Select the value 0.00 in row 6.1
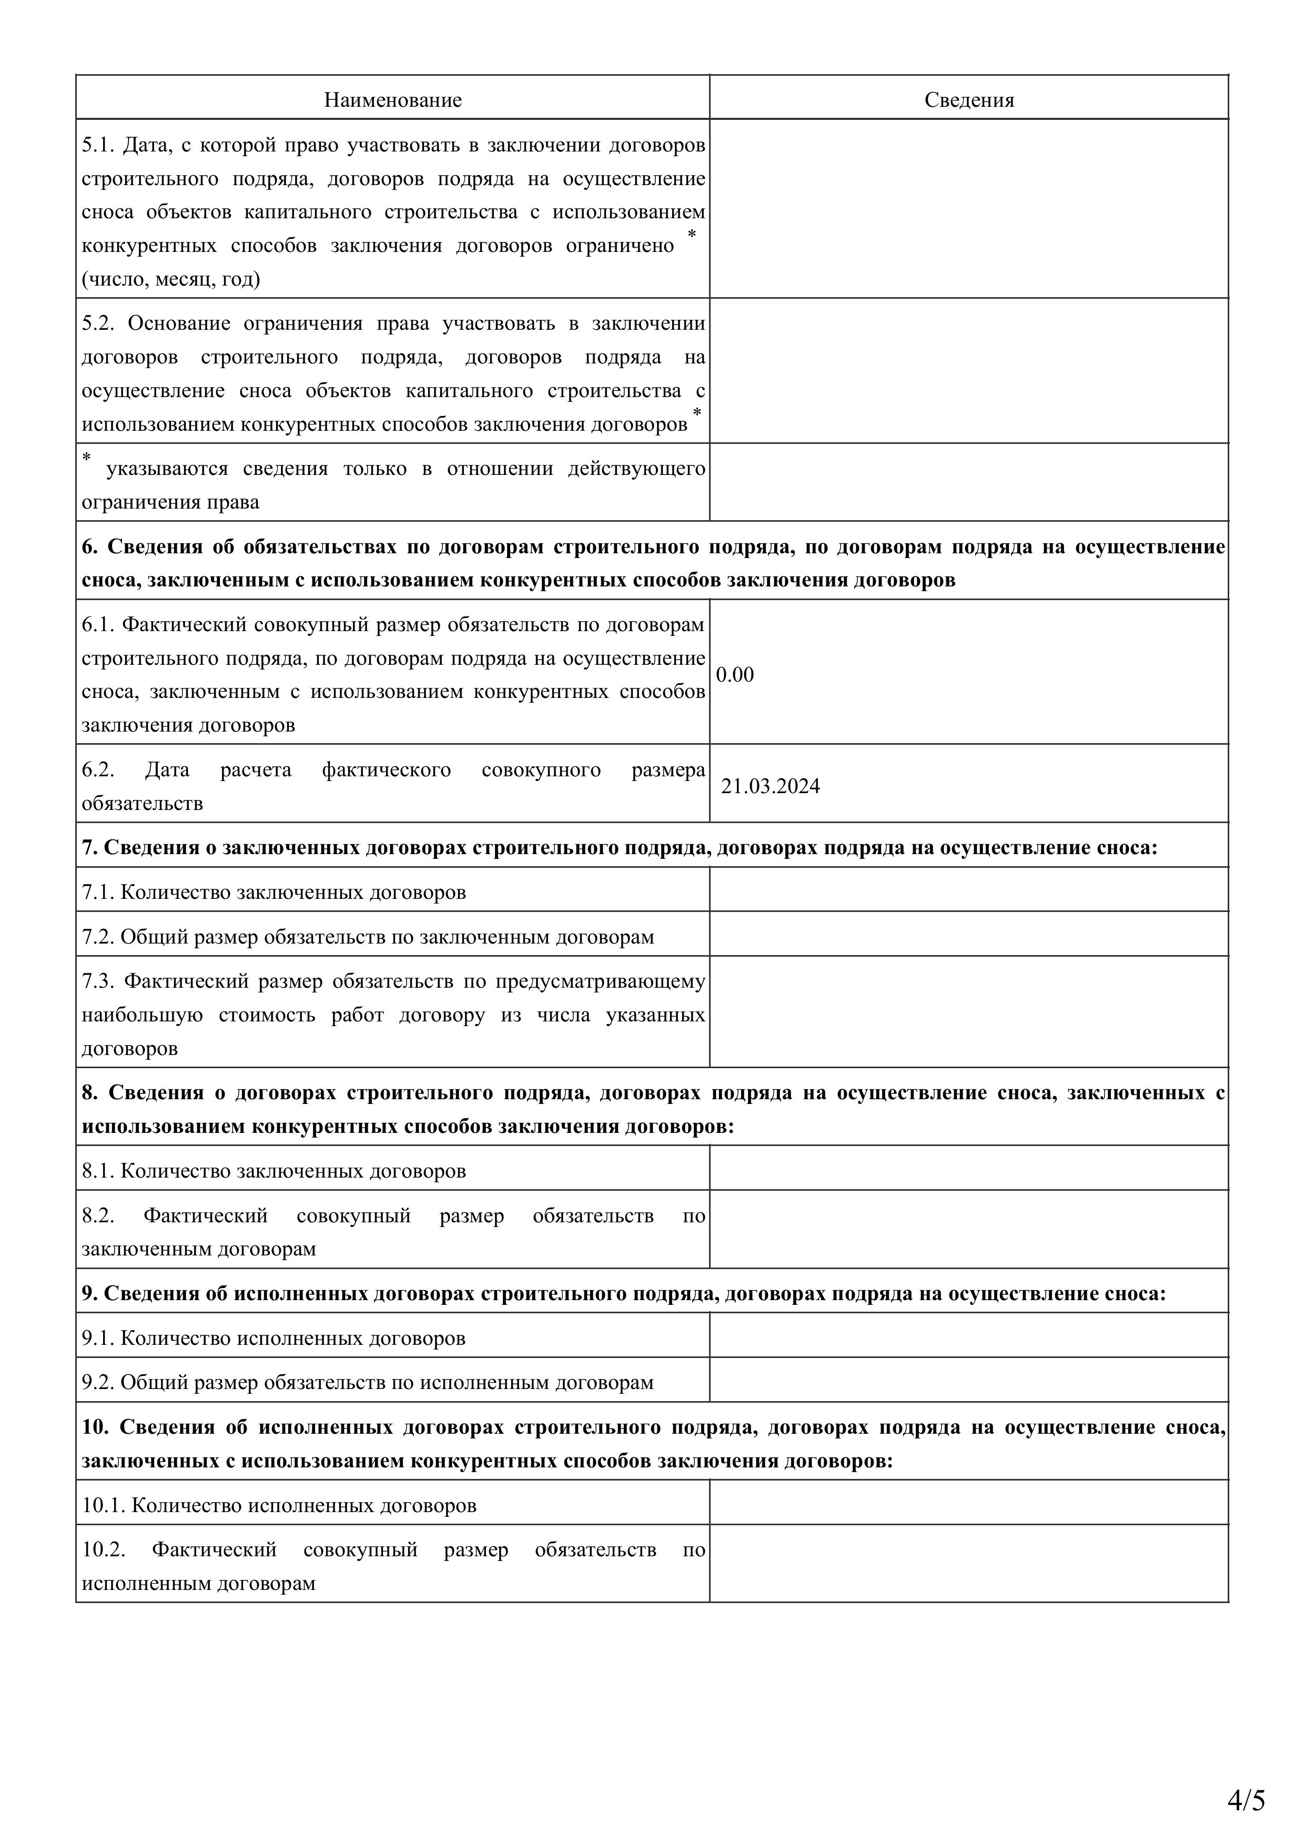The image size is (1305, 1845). click(734, 674)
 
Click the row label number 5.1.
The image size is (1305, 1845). click(98, 146)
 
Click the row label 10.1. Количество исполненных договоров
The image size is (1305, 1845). click(279, 1505)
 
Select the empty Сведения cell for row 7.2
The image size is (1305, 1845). click(968, 934)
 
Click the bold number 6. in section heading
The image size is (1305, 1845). click(89, 546)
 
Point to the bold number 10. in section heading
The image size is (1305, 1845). click(95, 1427)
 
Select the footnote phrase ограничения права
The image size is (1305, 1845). click(170, 502)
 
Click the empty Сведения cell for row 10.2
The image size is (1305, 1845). click(968, 1563)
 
